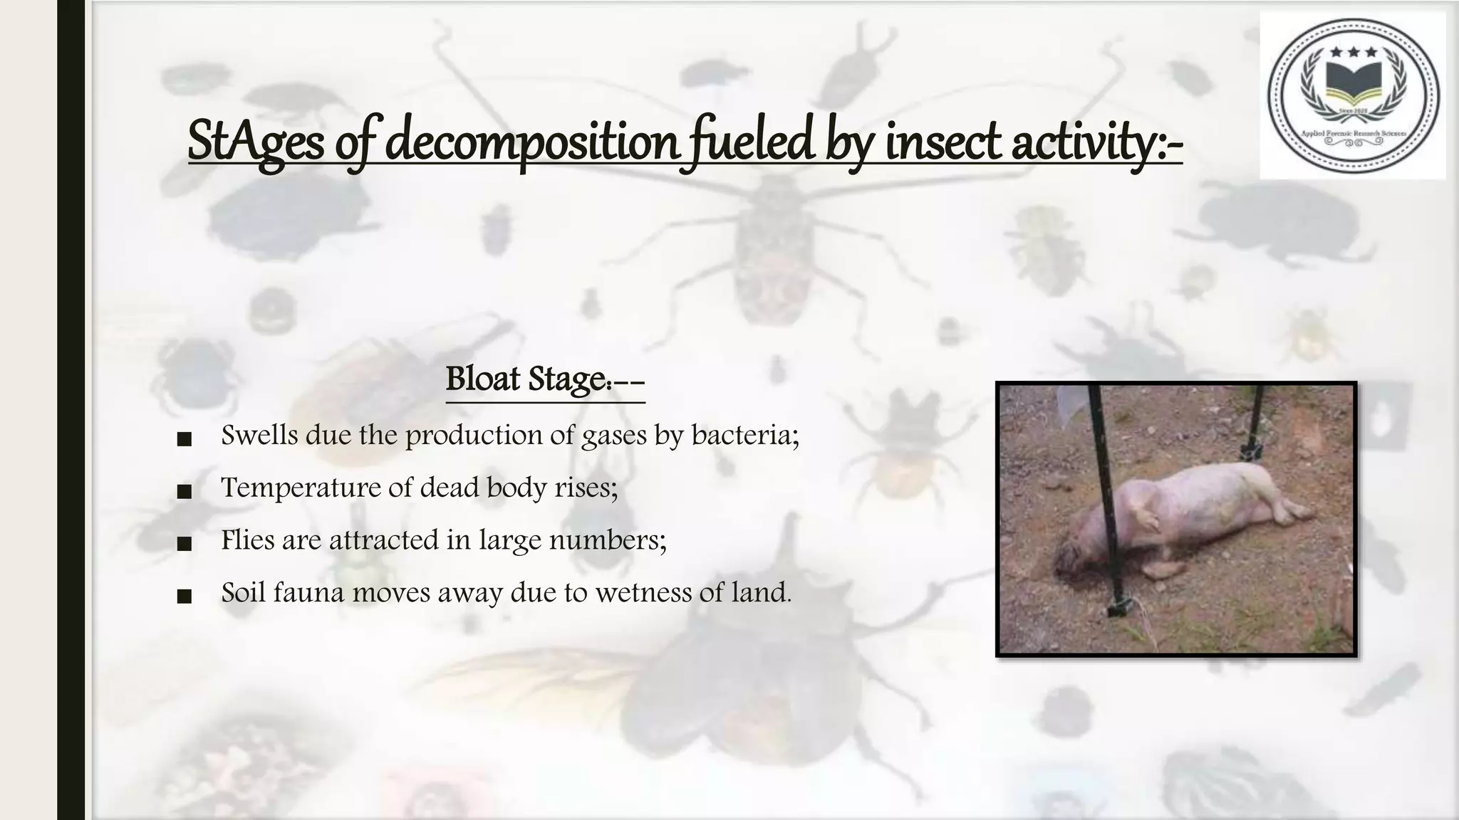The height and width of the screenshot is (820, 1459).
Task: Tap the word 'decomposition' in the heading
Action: coord(531,141)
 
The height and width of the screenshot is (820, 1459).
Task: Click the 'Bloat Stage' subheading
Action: coord(545,379)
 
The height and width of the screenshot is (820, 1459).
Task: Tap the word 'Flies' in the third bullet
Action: coord(247,540)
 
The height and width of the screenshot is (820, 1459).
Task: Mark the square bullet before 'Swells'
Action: coord(184,439)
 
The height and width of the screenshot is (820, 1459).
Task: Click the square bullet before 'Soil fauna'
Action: coord(184,596)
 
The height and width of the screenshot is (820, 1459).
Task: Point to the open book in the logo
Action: coord(1353,85)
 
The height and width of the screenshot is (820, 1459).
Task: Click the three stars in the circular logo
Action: coord(1353,53)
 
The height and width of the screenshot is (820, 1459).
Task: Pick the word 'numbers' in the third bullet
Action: coord(607,540)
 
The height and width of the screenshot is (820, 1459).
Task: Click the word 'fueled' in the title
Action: coord(754,141)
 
